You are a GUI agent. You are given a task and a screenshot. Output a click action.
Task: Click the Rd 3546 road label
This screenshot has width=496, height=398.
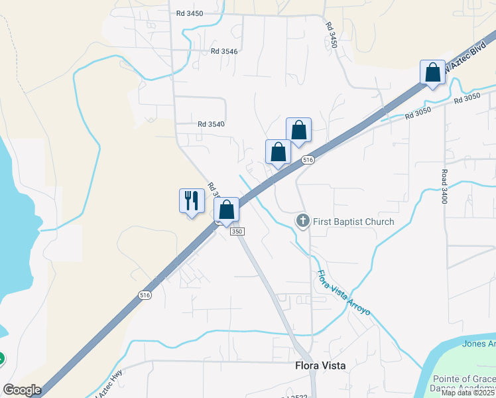pos(224,50)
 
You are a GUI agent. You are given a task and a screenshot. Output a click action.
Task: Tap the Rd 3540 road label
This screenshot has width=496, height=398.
pos(211,123)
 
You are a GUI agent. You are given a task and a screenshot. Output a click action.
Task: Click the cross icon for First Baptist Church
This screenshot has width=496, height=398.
pos(303,220)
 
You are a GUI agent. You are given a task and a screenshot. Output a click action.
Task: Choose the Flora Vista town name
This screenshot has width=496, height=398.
pos(320,365)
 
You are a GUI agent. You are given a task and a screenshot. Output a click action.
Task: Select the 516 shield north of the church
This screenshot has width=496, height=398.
pos(307,160)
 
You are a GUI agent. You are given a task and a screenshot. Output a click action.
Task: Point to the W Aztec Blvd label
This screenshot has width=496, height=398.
pos(460,58)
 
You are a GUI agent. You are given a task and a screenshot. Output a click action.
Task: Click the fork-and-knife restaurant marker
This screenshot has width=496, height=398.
pos(192,200)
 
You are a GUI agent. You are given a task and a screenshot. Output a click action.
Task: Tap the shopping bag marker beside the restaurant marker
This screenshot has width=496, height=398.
pos(226,209)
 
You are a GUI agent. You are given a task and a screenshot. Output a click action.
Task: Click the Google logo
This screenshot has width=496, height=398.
pos(23,390)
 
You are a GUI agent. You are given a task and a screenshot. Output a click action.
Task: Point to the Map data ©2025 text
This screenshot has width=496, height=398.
pos(468,393)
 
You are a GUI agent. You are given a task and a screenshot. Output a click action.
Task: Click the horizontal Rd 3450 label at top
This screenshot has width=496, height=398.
pos(190,13)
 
